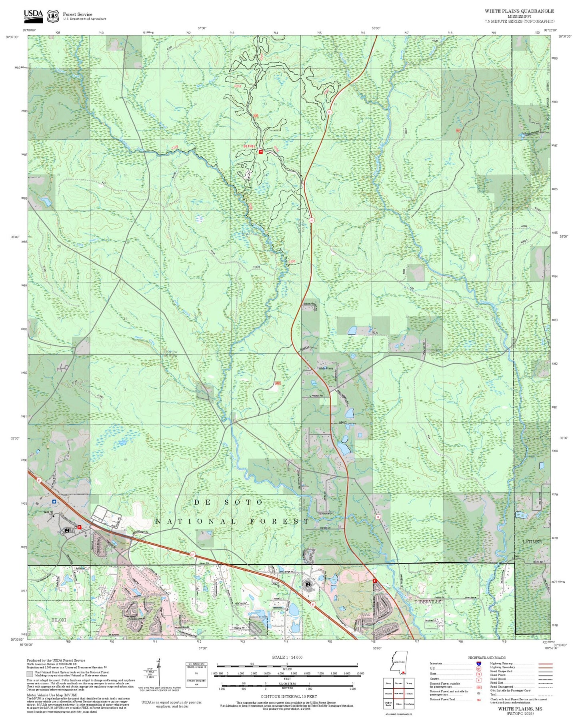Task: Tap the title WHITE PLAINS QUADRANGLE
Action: point(519,11)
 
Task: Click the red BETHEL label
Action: point(250,146)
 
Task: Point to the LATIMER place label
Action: point(532,542)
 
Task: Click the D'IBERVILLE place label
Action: point(428,602)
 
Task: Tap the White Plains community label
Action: point(326,368)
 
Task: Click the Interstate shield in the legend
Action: point(478,663)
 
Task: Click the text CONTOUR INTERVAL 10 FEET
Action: point(287,696)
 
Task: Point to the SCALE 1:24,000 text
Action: point(287,657)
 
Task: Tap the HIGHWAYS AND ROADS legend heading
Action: point(486,657)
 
